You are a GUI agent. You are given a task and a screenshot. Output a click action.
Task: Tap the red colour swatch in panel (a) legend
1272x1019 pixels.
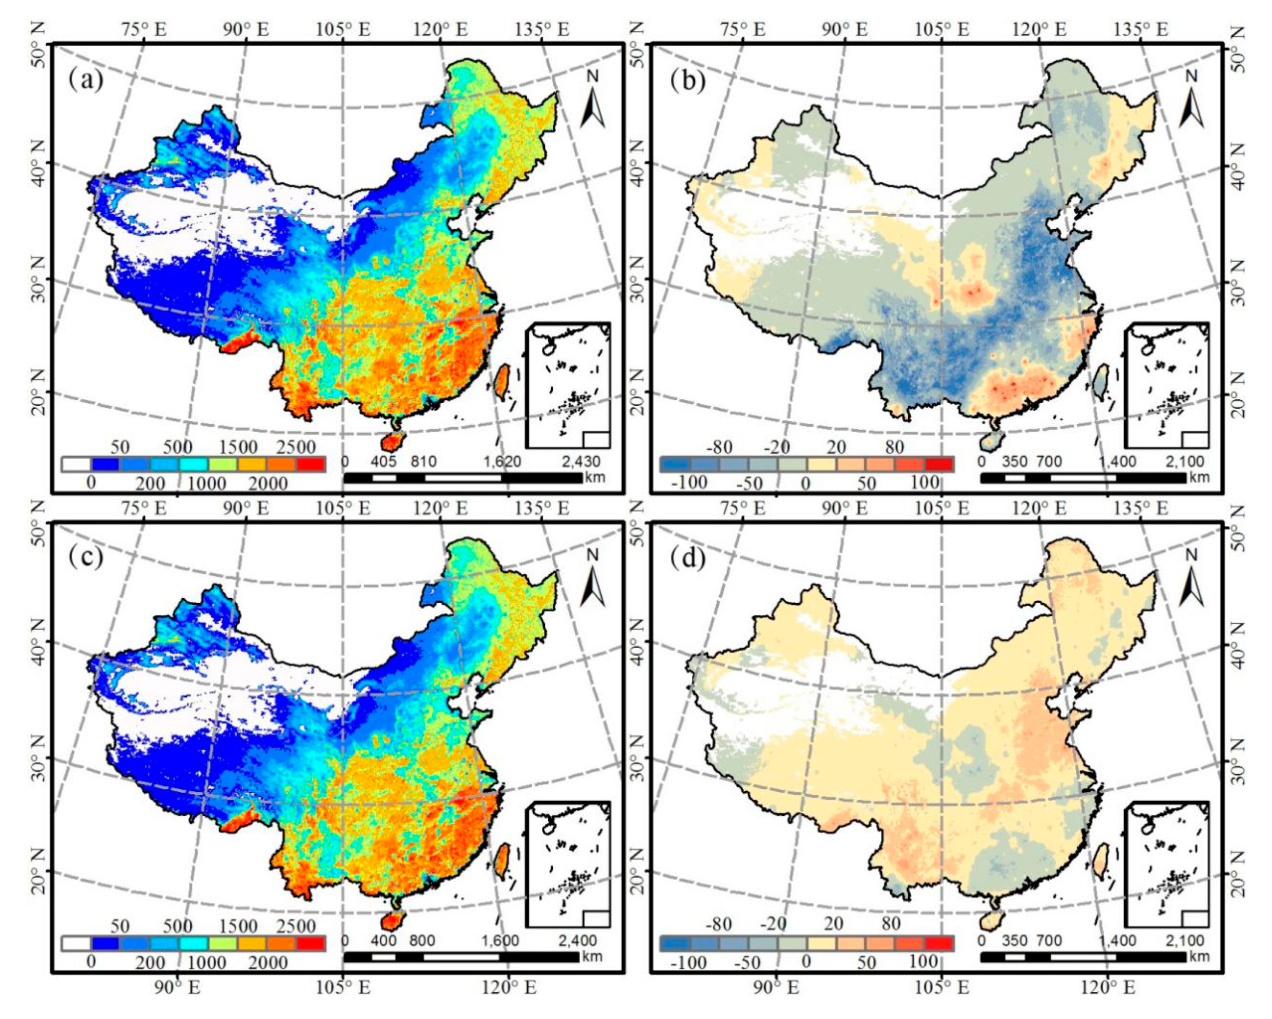click(311, 465)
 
